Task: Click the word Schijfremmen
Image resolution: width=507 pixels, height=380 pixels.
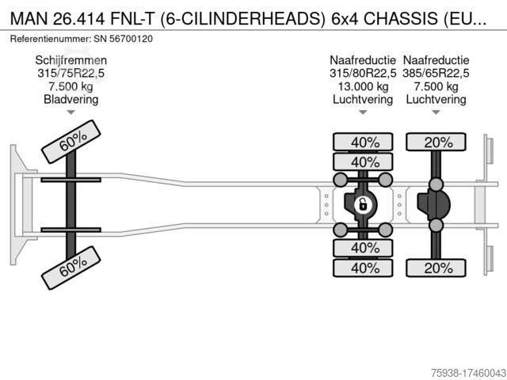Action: pos(71,60)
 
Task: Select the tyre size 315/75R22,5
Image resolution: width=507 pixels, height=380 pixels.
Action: pos(71,74)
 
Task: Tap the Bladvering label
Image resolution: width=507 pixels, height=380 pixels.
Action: pos(71,100)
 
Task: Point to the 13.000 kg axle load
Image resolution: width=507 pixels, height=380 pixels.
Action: pos(362,86)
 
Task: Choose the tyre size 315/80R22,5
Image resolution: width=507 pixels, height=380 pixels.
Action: pos(362,74)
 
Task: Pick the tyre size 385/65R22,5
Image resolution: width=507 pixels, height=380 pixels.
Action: pos(436,74)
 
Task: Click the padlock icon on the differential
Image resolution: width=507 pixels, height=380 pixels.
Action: pos(362,205)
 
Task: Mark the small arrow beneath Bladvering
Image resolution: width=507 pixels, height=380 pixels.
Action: pos(71,112)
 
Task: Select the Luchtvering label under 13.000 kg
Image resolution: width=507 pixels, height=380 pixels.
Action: pos(362,100)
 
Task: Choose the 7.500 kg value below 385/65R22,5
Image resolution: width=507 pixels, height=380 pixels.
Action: pos(436,86)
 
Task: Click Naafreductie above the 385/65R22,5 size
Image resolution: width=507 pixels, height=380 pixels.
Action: pos(436,60)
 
